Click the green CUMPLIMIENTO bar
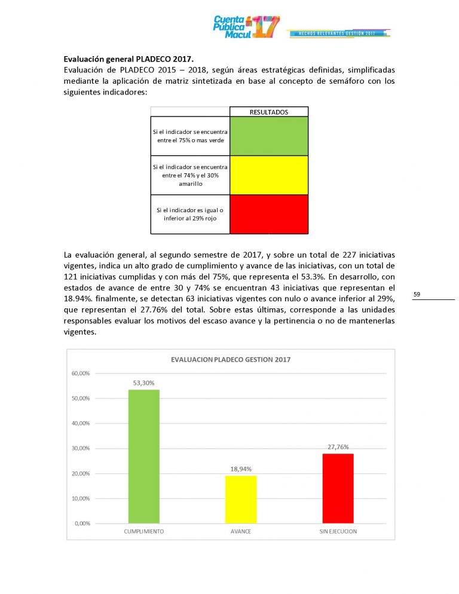tap(144, 457)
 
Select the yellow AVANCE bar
tap(240, 499)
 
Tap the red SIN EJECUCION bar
tap(338, 488)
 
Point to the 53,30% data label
tap(144, 382)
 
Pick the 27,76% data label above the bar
tap(338, 446)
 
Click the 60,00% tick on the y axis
tap(81, 373)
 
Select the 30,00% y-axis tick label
tap(81, 449)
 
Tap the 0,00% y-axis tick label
tap(82, 523)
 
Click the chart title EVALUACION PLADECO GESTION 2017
tap(231, 360)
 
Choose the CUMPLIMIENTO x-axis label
tap(144, 531)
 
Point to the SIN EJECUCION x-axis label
tap(338, 531)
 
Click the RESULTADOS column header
tap(269, 112)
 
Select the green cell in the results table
tap(269, 136)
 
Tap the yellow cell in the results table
tap(269, 175)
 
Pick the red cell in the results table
tap(269, 214)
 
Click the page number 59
tap(417, 294)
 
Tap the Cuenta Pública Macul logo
tap(246, 27)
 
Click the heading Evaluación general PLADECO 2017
tap(128, 59)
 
